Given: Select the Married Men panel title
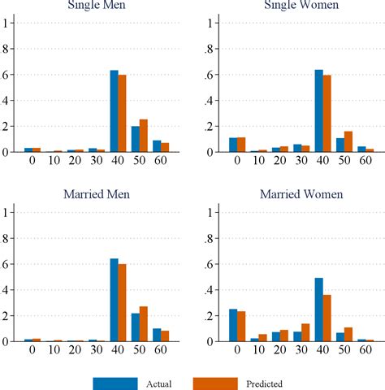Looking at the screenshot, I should [99, 194].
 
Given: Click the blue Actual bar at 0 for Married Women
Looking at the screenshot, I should [234, 325].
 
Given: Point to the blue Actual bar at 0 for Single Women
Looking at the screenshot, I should [234, 145].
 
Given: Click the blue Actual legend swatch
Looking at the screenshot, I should [115, 382].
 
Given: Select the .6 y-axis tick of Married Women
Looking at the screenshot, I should [210, 264].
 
